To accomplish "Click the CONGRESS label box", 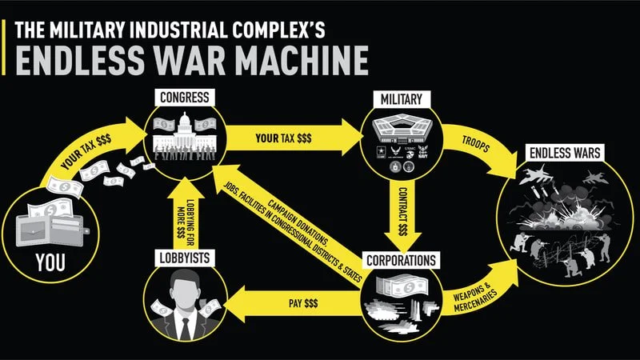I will coord(186,98).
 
